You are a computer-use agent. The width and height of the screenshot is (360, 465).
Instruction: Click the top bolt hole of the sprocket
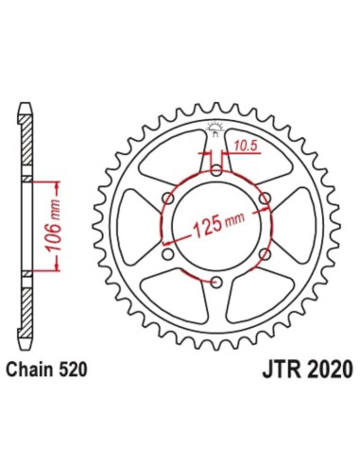(x=216, y=170)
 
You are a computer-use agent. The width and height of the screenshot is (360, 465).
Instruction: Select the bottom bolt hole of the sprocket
(x=216, y=284)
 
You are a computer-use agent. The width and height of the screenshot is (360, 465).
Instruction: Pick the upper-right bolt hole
(x=266, y=198)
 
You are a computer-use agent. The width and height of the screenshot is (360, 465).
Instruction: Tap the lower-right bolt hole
(x=266, y=255)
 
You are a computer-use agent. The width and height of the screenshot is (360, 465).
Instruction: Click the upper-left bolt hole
(x=167, y=198)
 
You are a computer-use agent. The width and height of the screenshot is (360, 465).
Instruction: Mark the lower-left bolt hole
(x=167, y=255)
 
